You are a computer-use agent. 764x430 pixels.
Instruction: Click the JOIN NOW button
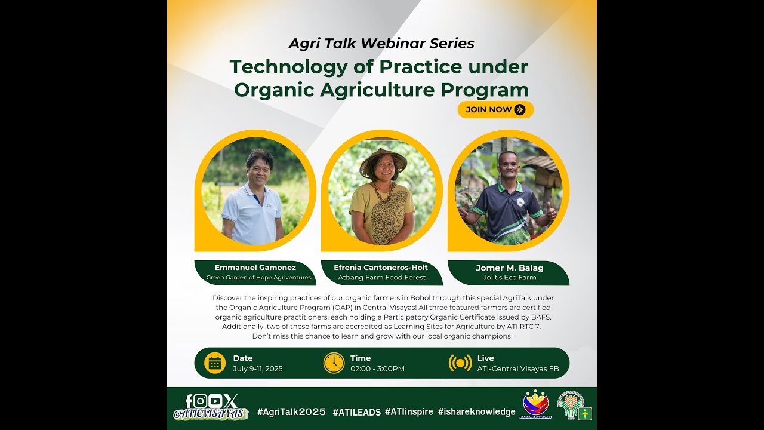[x=495, y=109]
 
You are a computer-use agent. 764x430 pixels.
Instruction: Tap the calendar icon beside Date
[x=215, y=363]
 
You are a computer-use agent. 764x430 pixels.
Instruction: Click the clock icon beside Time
[x=334, y=363]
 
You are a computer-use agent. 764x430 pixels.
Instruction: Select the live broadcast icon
[x=460, y=363]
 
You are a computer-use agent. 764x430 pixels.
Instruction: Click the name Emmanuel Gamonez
[x=255, y=267]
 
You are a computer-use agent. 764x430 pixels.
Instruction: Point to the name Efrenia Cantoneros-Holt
[x=381, y=267]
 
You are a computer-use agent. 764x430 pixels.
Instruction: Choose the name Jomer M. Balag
[x=510, y=268]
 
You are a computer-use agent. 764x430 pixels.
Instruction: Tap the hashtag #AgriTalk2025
[x=291, y=412]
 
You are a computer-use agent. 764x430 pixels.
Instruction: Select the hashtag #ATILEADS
[x=357, y=412]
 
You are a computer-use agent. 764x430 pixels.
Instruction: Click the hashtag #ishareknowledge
[x=476, y=412]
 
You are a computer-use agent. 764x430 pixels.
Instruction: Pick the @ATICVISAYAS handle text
[x=209, y=414]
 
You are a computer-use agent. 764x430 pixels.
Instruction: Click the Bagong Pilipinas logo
[x=535, y=404]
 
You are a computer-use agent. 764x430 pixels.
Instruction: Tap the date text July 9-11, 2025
[x=258, y=369]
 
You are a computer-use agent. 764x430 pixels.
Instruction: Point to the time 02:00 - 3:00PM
[x=377, y=369]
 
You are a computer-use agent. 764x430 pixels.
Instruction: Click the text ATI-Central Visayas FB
[x=518, y=369]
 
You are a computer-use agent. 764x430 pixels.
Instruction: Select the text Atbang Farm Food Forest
[x=381, y=278]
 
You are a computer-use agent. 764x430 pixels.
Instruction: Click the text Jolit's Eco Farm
[x=510, y=278]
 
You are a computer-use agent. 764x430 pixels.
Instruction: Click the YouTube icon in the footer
[x=215, y=401]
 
